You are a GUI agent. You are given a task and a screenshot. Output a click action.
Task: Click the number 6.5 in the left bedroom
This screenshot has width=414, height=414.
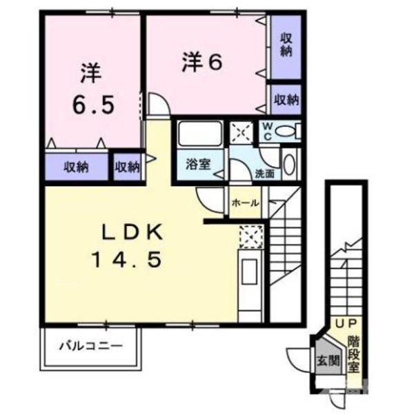tap(95, 105)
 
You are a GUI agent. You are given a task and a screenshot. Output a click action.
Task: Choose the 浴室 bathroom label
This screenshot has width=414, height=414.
tap(199, 164)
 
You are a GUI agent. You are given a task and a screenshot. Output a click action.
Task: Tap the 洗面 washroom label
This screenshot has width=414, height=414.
tap(264, 174)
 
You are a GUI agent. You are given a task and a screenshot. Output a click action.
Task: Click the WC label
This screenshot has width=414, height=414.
tap(266, 130)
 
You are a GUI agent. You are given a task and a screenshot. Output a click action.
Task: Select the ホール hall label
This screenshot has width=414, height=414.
tap(245, 203)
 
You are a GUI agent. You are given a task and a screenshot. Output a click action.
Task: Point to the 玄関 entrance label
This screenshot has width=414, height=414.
tap(327, 360)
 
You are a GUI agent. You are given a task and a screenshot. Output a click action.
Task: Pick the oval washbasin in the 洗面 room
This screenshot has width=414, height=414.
tap(289, 165)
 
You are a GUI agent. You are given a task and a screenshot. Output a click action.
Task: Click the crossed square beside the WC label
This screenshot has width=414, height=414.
tap(241, 131)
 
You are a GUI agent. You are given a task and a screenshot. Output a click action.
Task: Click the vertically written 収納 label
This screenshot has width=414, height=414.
tap(285, 45)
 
